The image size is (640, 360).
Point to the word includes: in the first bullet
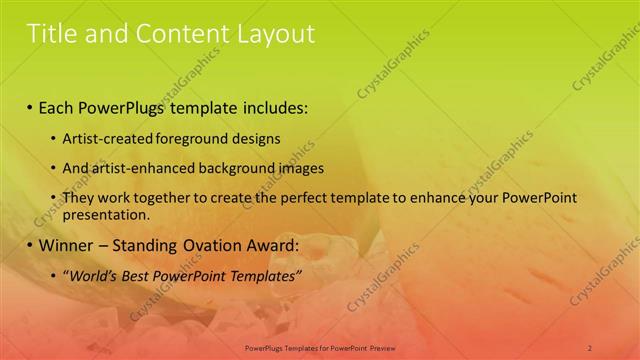click(x=272, y=106)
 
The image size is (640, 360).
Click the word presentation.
click(x=105, y=214)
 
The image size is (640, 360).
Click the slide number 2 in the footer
click(x=590, y=347)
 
